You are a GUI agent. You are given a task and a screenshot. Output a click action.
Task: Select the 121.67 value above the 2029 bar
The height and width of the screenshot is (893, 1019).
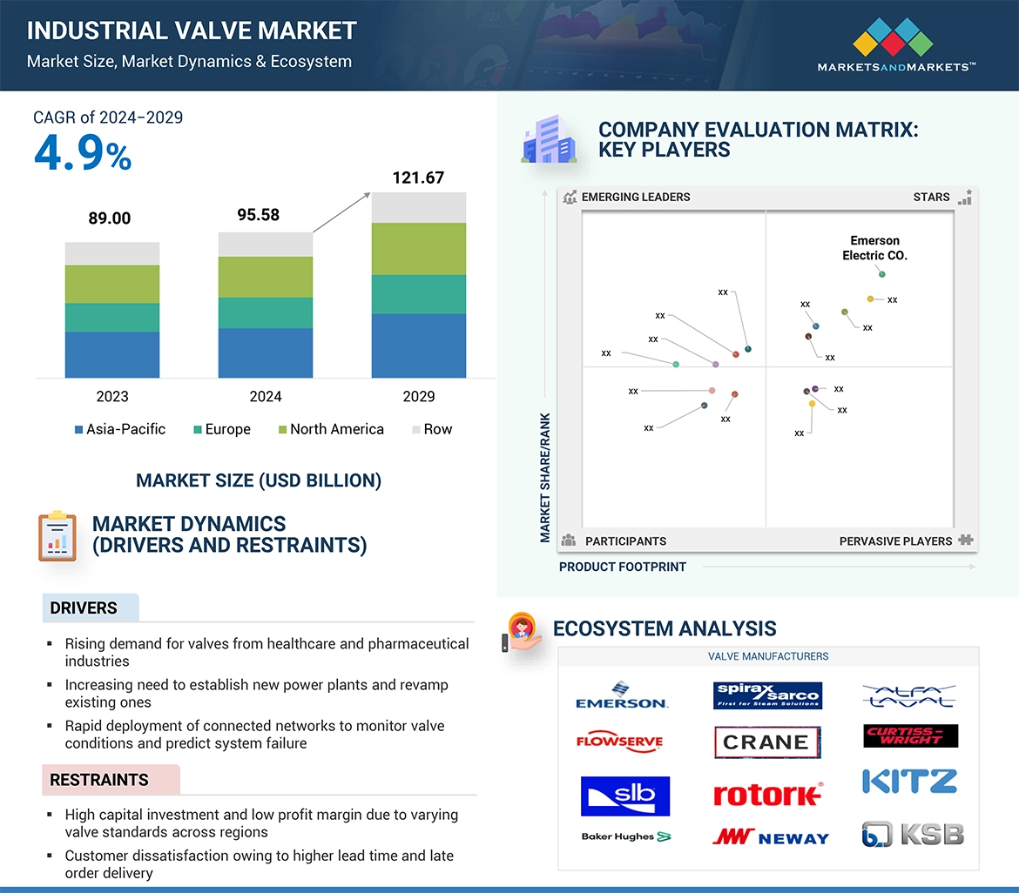tap(418, 178)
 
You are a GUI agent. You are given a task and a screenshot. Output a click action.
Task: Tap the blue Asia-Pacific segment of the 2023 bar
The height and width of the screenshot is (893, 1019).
tap(112, 354)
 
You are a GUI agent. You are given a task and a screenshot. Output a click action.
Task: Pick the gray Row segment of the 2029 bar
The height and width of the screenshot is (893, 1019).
tap(418, 207)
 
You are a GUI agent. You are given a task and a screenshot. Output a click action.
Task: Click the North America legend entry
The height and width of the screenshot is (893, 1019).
tap(336, 429)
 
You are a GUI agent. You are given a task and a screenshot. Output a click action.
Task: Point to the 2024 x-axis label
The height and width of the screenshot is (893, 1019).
tap(266, 397)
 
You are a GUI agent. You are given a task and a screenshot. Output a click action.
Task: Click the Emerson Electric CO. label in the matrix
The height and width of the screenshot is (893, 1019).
tap(874, 248)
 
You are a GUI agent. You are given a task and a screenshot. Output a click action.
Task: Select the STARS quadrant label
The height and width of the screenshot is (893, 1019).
tap(931, 197)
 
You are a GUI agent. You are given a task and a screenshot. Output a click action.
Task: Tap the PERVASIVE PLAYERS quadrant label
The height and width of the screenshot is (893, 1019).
tap(895, 541)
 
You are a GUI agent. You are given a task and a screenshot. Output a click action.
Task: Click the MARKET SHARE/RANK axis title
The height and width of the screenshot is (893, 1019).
tap(546, 477)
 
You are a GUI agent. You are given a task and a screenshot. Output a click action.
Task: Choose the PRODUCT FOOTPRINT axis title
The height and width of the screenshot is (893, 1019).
tap(623, 567)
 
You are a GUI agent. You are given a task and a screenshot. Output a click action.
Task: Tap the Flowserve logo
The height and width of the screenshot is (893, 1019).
tap(620, 742)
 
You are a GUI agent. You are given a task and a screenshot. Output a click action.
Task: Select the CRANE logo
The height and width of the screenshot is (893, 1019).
tap(766, 742)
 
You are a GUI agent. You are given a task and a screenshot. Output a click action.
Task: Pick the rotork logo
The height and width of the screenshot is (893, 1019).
tap(767, 794)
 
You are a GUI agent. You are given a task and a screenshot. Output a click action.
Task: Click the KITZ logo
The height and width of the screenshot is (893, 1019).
tap(910, 782)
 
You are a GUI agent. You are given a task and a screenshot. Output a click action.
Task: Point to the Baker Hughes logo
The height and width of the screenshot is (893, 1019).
tap(626, 836)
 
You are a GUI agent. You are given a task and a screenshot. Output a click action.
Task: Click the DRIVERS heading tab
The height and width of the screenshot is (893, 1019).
tap(84, 608)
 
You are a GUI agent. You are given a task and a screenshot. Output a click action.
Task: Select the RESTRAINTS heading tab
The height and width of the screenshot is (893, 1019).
tap(99, 780)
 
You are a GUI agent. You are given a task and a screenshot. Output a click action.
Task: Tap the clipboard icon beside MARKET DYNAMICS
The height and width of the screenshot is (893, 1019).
tap(57, 536)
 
